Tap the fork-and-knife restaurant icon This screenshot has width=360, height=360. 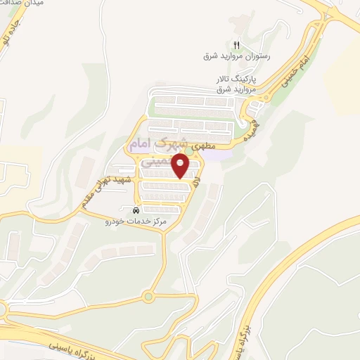click(237, 44)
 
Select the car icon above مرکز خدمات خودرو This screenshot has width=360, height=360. click(136, 210)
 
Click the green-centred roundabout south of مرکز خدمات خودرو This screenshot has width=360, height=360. click(148, 297)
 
